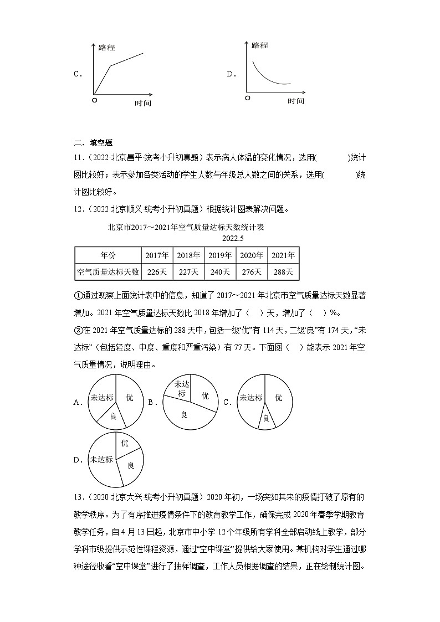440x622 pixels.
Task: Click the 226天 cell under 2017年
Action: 157,272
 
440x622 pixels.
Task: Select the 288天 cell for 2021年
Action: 283,272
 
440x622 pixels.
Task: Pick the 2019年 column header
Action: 220,255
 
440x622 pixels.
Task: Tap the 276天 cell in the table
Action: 252,272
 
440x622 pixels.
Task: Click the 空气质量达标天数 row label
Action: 108,272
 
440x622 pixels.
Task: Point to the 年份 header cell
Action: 108,255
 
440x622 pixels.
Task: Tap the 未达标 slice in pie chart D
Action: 101,459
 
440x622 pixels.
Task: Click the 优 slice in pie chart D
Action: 125,443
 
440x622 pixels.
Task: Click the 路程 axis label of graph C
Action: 106,48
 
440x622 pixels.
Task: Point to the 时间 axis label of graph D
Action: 295,101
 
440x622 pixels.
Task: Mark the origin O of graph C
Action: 94,100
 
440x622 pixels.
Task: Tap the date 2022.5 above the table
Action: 233,238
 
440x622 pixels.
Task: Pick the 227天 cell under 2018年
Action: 188,272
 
